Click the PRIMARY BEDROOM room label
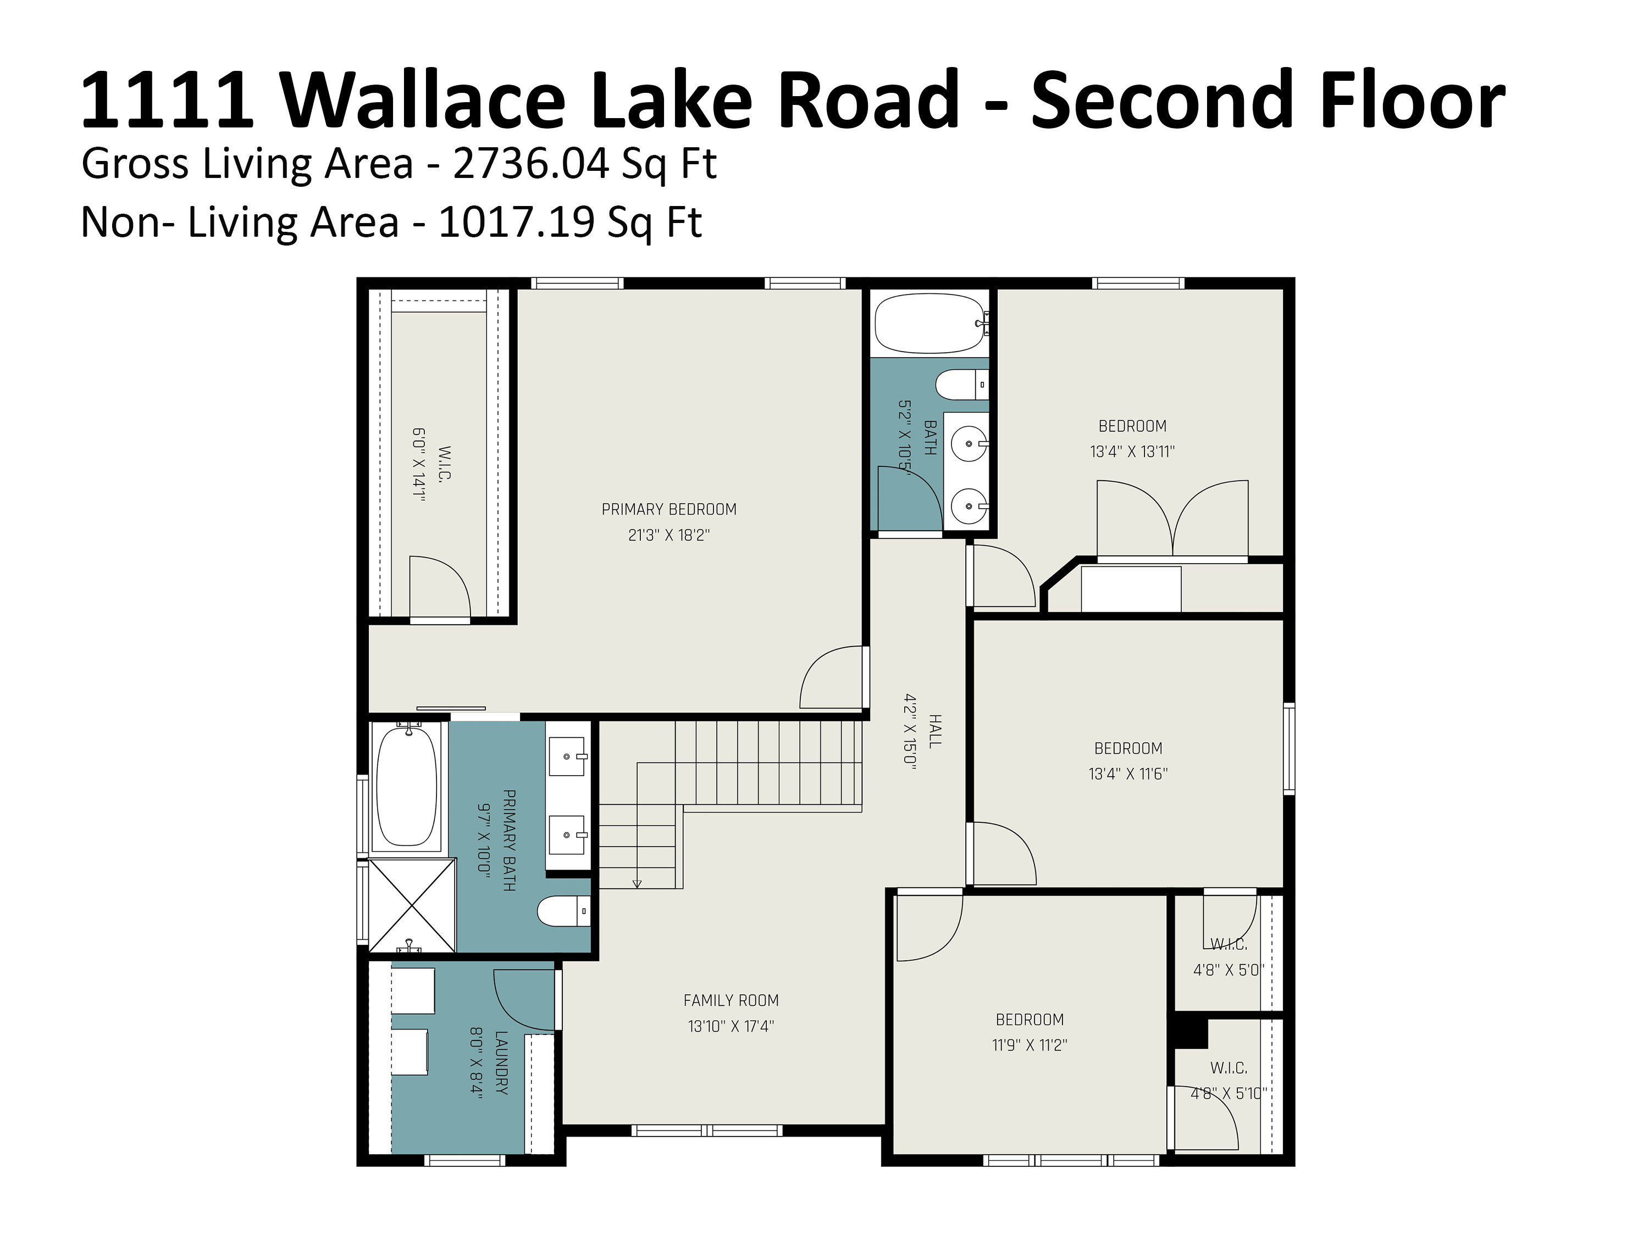(x=669, y=510)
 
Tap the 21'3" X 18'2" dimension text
(x=669, y=535)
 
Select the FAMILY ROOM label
(x=731, y=1000)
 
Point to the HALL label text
(x=935, y=731)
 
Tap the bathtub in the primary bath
(x=406, y=787)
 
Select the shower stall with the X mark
(x=412, y=906)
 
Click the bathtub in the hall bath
(x=929, y=324)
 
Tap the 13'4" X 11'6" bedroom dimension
(x=1128, y=774)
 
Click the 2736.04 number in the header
(x=531, y=164)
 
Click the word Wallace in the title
(x=422, y=99)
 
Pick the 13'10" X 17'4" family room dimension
(x=731, y=1027)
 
